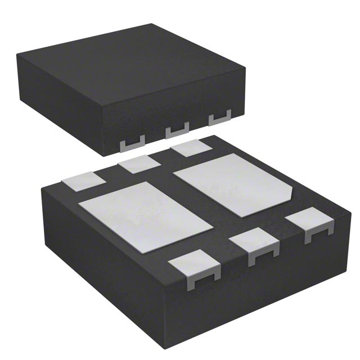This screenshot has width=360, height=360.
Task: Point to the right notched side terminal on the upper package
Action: (220, 119)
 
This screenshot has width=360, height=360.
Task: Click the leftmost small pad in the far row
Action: (83, 182)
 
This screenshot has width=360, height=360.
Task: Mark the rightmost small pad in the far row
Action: (191, 148)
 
